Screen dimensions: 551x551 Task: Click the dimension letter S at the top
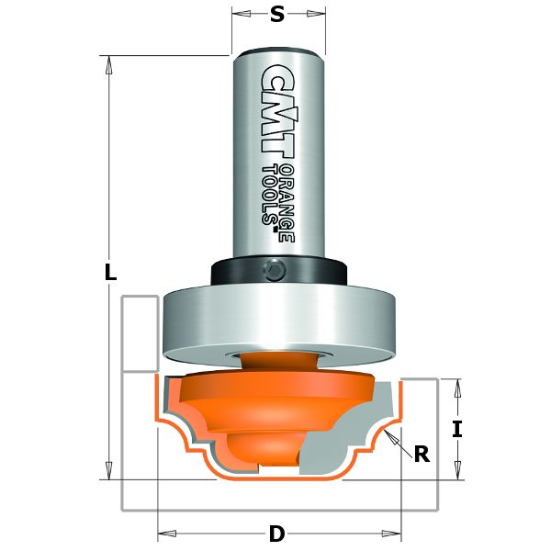point(276,14)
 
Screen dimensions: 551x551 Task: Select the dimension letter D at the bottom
point(276,533)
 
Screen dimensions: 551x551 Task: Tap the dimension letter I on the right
point(456,427)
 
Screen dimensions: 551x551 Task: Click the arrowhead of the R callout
point(390,432)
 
